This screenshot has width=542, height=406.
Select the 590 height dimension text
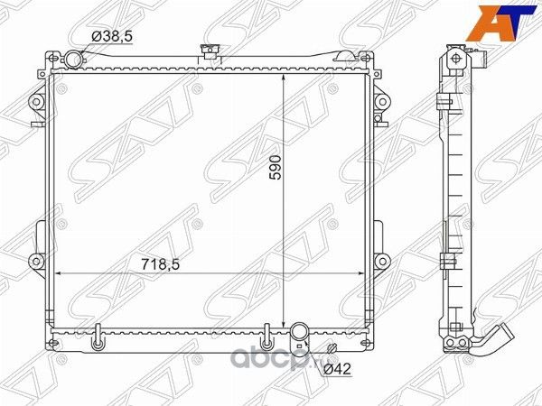(276, 168)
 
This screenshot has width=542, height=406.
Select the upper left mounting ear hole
(36, 102)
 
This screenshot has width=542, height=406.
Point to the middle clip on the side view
(445, 263)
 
